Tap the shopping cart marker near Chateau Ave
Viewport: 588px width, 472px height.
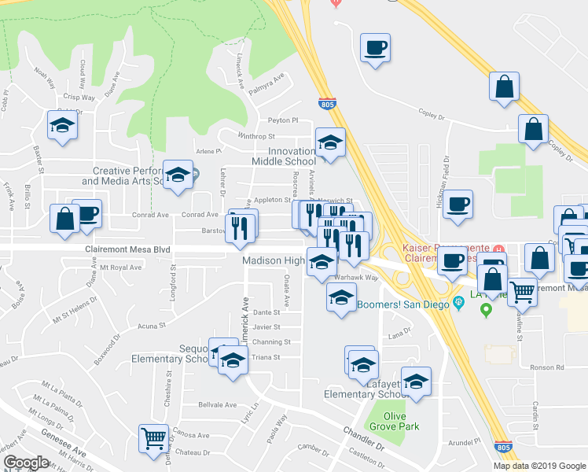pos(154,437)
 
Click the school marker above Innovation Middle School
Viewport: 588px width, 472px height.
pos(331,142)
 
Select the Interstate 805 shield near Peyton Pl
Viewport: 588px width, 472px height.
pos(327,104)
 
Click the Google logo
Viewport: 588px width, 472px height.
pos(26,462)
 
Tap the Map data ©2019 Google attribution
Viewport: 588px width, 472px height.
pos(539,466)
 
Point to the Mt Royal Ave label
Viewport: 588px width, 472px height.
pos(119,267)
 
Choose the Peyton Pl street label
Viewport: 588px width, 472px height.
pos(283,120)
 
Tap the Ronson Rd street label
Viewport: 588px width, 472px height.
pos(548,367)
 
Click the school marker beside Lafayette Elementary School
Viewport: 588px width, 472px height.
pos(417,381)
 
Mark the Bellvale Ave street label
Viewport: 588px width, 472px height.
pos(217,405)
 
